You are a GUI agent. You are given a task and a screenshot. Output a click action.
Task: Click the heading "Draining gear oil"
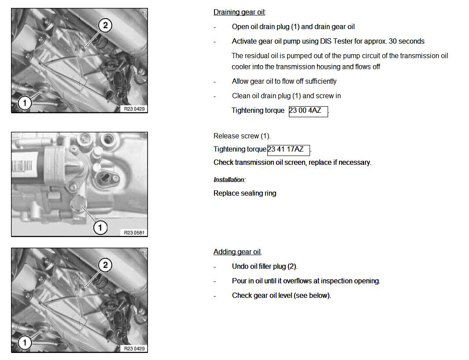pyautogui.click(x=239, y=12)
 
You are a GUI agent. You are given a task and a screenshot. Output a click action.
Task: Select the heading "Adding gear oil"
pyautogui.click(x=237, y=252)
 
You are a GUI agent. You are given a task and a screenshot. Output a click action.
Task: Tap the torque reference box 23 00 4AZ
pyautogui.click(x=308, y=111)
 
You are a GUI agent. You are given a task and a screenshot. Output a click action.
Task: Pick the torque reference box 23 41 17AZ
pyautogui.click(x=288, y=150)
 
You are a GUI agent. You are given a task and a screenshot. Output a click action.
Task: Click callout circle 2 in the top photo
pyautogui.click(x=105, y=25)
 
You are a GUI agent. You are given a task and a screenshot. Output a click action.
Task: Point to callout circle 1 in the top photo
pyautogui.click(x=25, y=103)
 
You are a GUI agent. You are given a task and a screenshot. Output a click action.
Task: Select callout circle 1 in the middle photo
pyautogui.click(x=100, y=227)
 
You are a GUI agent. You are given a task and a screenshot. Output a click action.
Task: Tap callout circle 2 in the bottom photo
pyautogui.click(x=105, y=265)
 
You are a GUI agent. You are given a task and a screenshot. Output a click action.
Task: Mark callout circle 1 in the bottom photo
pyautogui.click(x=25, y=342)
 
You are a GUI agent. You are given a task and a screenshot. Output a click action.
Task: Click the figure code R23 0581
pyautogui.click(x=134, y=232)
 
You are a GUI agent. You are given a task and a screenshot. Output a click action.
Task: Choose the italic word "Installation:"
pyautogui.click(x=229, y=180)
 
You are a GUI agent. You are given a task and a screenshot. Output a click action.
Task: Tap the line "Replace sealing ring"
pyautogui.click(x=245, y=193)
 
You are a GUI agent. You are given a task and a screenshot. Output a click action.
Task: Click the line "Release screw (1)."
pyautogui.click(x=242, y=136)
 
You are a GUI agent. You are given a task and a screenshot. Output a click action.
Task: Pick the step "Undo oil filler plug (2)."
pyautogui.click(x=265, y=267)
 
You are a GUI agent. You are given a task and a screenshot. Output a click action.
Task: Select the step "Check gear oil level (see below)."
pyautogui.click(x=281, y=296)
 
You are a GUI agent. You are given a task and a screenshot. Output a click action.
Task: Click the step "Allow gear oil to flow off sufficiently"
pyautogui.click(x=284, y=82)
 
